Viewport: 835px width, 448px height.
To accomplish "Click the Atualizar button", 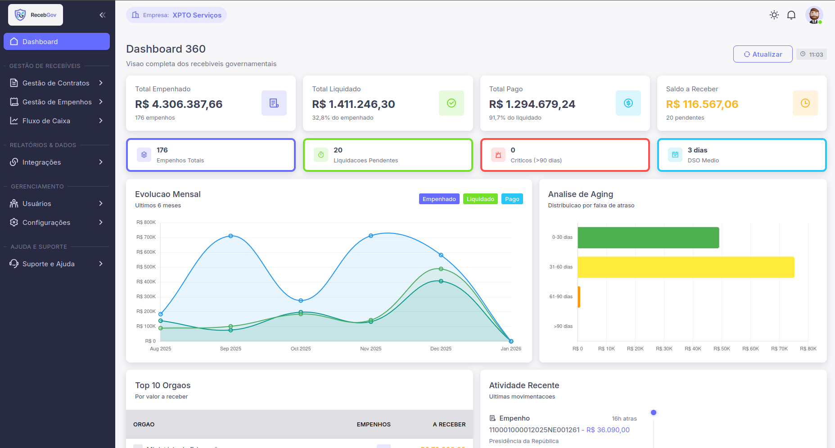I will [x=763, y=54].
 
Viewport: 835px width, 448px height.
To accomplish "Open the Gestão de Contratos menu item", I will [x=56, y=83].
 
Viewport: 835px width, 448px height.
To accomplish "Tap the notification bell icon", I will [x=791, y=15].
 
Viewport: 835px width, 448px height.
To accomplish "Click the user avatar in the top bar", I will [x=813, y=15].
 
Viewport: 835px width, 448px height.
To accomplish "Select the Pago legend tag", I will [x=512, y=199].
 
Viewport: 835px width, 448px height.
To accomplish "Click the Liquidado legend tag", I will [x=480, y=199].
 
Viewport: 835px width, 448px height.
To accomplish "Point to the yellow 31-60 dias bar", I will [x=686, y=267].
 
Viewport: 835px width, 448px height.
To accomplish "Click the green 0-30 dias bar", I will [x=648, y=237].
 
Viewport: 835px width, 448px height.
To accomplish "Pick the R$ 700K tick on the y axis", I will [x=146, y=237].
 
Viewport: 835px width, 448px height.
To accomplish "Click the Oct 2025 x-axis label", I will [x=301, y=349].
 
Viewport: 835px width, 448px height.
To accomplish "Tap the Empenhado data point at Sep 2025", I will [x=231, y=236].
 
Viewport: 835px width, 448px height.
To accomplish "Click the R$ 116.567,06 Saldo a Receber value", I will [x=702, y=104].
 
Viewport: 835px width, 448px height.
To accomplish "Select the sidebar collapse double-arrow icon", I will [x=102, y=15].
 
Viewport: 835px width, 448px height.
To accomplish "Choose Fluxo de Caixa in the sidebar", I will [x=46, y=121].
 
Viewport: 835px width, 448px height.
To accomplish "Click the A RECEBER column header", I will [x=449, y=424].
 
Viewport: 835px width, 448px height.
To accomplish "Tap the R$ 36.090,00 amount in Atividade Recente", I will [x=608, y=430].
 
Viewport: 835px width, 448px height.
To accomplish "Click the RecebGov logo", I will [x=36, y=15].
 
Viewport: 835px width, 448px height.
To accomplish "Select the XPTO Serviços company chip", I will [x=176, y=15].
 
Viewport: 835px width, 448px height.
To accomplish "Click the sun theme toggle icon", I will [x=774, y=15].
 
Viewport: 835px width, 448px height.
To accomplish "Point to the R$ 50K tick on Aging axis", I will [x=722, y=349].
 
